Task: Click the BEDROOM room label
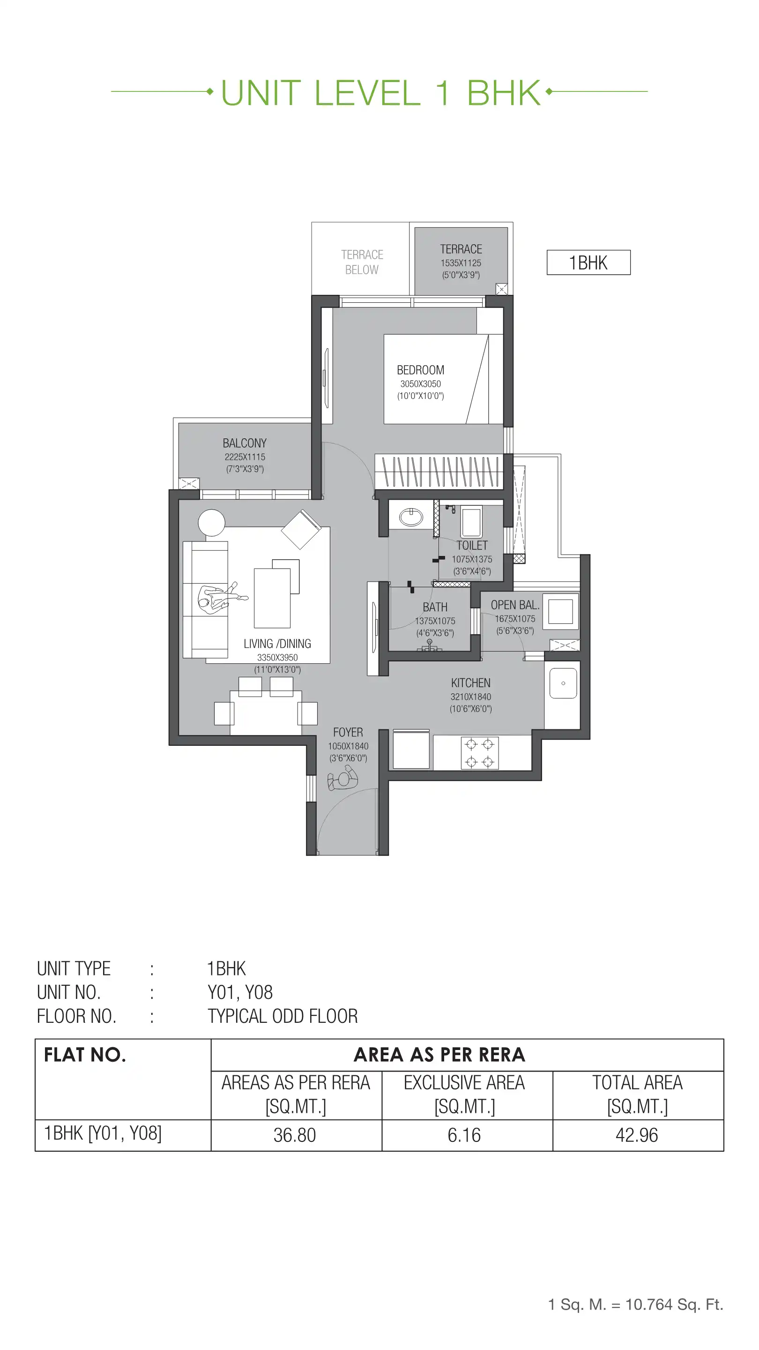420,370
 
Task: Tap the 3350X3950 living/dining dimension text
277,657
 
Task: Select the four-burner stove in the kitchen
479,752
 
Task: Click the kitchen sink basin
563,683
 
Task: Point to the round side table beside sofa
212,523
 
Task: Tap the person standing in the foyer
343,778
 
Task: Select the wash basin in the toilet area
411,517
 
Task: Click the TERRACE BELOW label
362,262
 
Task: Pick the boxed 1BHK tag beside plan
588,262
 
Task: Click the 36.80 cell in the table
295,1135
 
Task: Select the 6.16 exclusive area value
464,1135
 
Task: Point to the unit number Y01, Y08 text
240,992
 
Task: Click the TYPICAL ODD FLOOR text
283,1016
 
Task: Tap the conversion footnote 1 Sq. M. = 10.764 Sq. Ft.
635,1304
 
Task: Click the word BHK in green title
503,93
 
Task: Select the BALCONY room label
245,443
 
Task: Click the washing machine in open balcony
560,611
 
